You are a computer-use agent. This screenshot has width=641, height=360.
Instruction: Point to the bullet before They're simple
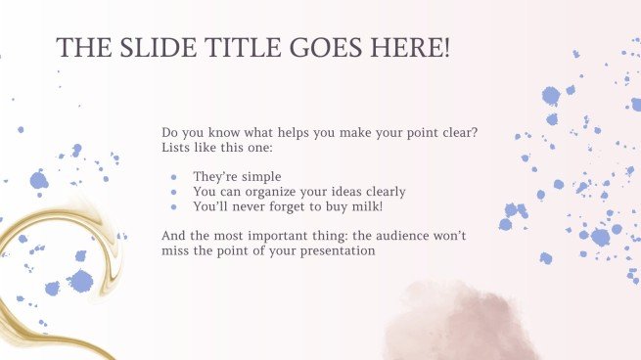(173, 177)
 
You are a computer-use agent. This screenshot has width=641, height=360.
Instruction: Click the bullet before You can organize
(173, 192)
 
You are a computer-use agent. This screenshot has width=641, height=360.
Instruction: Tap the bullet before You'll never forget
(173, 206)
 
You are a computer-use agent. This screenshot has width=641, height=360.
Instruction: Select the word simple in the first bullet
(259, 177)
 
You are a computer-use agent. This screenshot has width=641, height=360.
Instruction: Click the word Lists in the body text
(179, 148)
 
